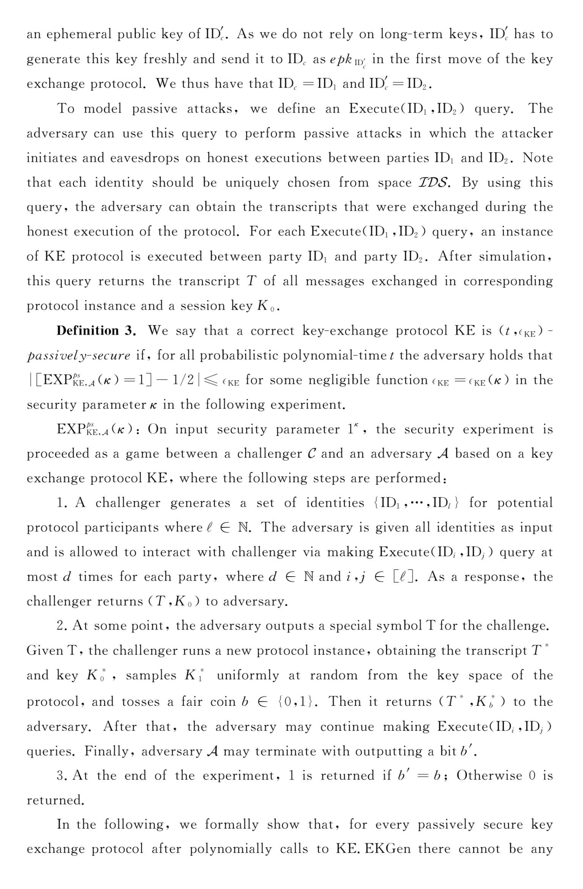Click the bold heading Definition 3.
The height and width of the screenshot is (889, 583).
(x=96, y=331)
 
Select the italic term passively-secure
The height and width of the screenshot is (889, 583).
(x=79, y=356)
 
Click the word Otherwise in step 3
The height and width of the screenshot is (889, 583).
(x=489, y=775)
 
